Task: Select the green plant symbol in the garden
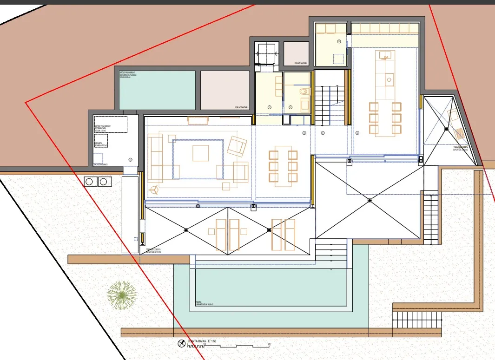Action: pos(122,295)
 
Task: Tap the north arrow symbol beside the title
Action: pos(181,344)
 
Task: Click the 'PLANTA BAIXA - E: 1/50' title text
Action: pos(202,341)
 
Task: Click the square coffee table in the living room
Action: pos(201,153)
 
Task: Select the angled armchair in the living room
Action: pos(237,146)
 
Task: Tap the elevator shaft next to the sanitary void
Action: pos(266,52)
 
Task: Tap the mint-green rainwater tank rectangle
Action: pos(157,90)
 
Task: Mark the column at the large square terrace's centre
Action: pos(370,200)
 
